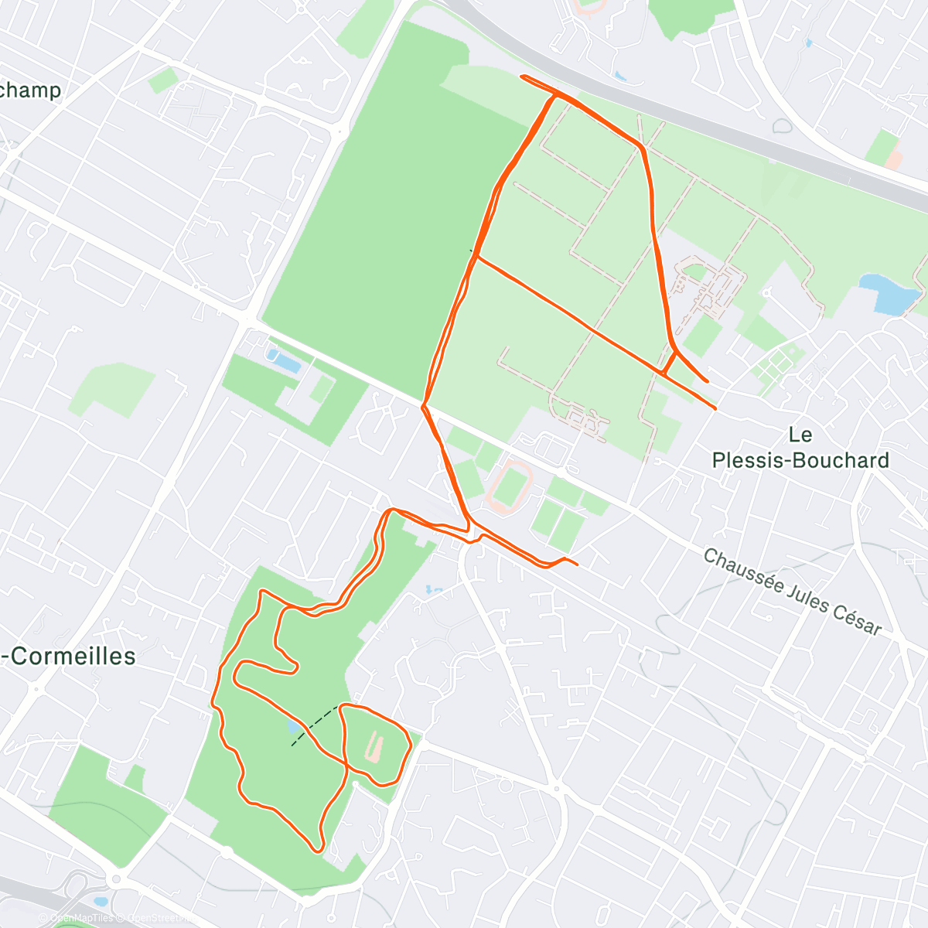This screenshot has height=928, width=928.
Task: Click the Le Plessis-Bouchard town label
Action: click(x=800, y=448)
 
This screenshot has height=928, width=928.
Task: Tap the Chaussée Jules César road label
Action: click(x=793, y=592)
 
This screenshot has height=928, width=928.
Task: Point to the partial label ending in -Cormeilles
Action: click(x=70, y=657)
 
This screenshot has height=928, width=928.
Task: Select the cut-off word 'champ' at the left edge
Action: click(x=31, y=90)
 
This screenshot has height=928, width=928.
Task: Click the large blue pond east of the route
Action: click(x=889, y=293)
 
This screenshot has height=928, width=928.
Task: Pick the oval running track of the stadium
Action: click(x=507, y=487)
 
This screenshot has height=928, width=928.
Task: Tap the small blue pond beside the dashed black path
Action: click(x=294, y=728)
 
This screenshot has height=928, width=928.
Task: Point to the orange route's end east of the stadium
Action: click(x=577, y=564)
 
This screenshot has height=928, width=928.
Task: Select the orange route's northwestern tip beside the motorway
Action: click(x=523, y=77)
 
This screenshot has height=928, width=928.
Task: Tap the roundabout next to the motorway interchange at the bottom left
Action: click(x=116, y=879)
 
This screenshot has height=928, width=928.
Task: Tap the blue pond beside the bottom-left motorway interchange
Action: click(x=101, y=902)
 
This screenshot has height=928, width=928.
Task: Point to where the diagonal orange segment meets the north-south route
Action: click(x=476, y=256)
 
